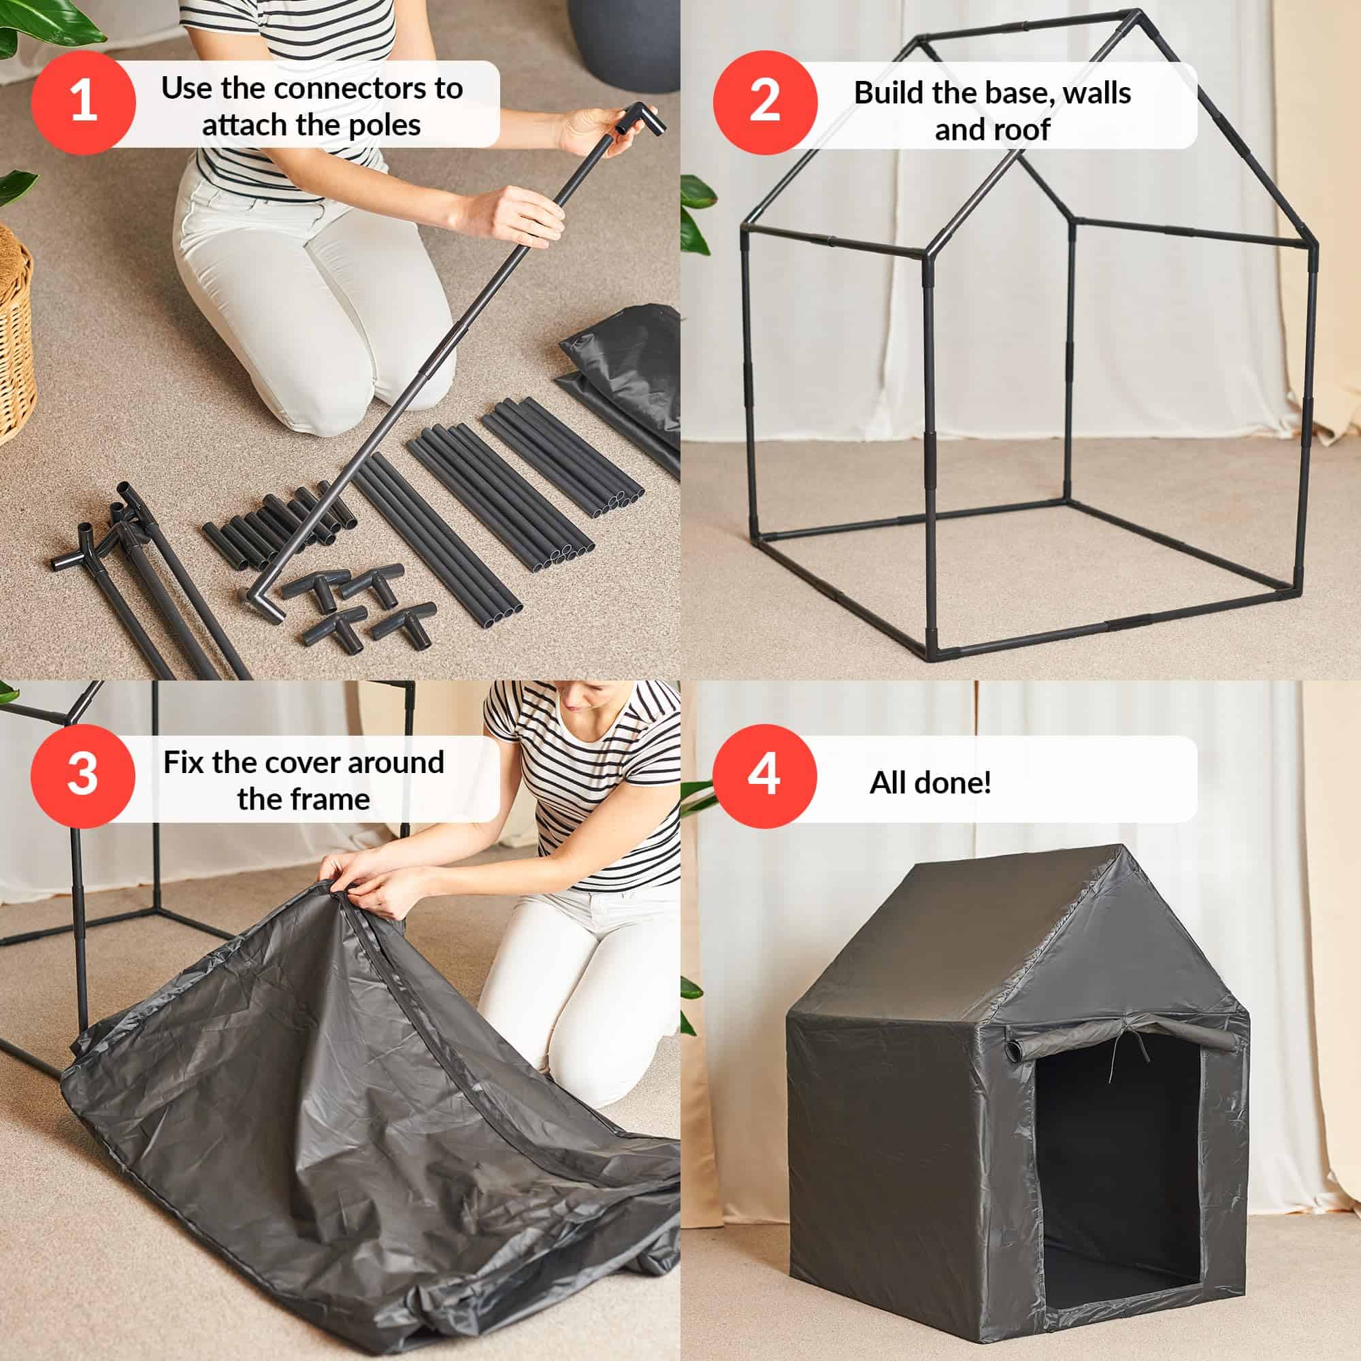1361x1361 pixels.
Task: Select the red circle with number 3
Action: pyautogui.click(x=82, y=776)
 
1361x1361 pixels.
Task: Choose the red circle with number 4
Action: pyautogui.click(x=764, y=776)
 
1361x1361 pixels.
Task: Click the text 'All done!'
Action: pyautogui.click(x=930, y=783)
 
